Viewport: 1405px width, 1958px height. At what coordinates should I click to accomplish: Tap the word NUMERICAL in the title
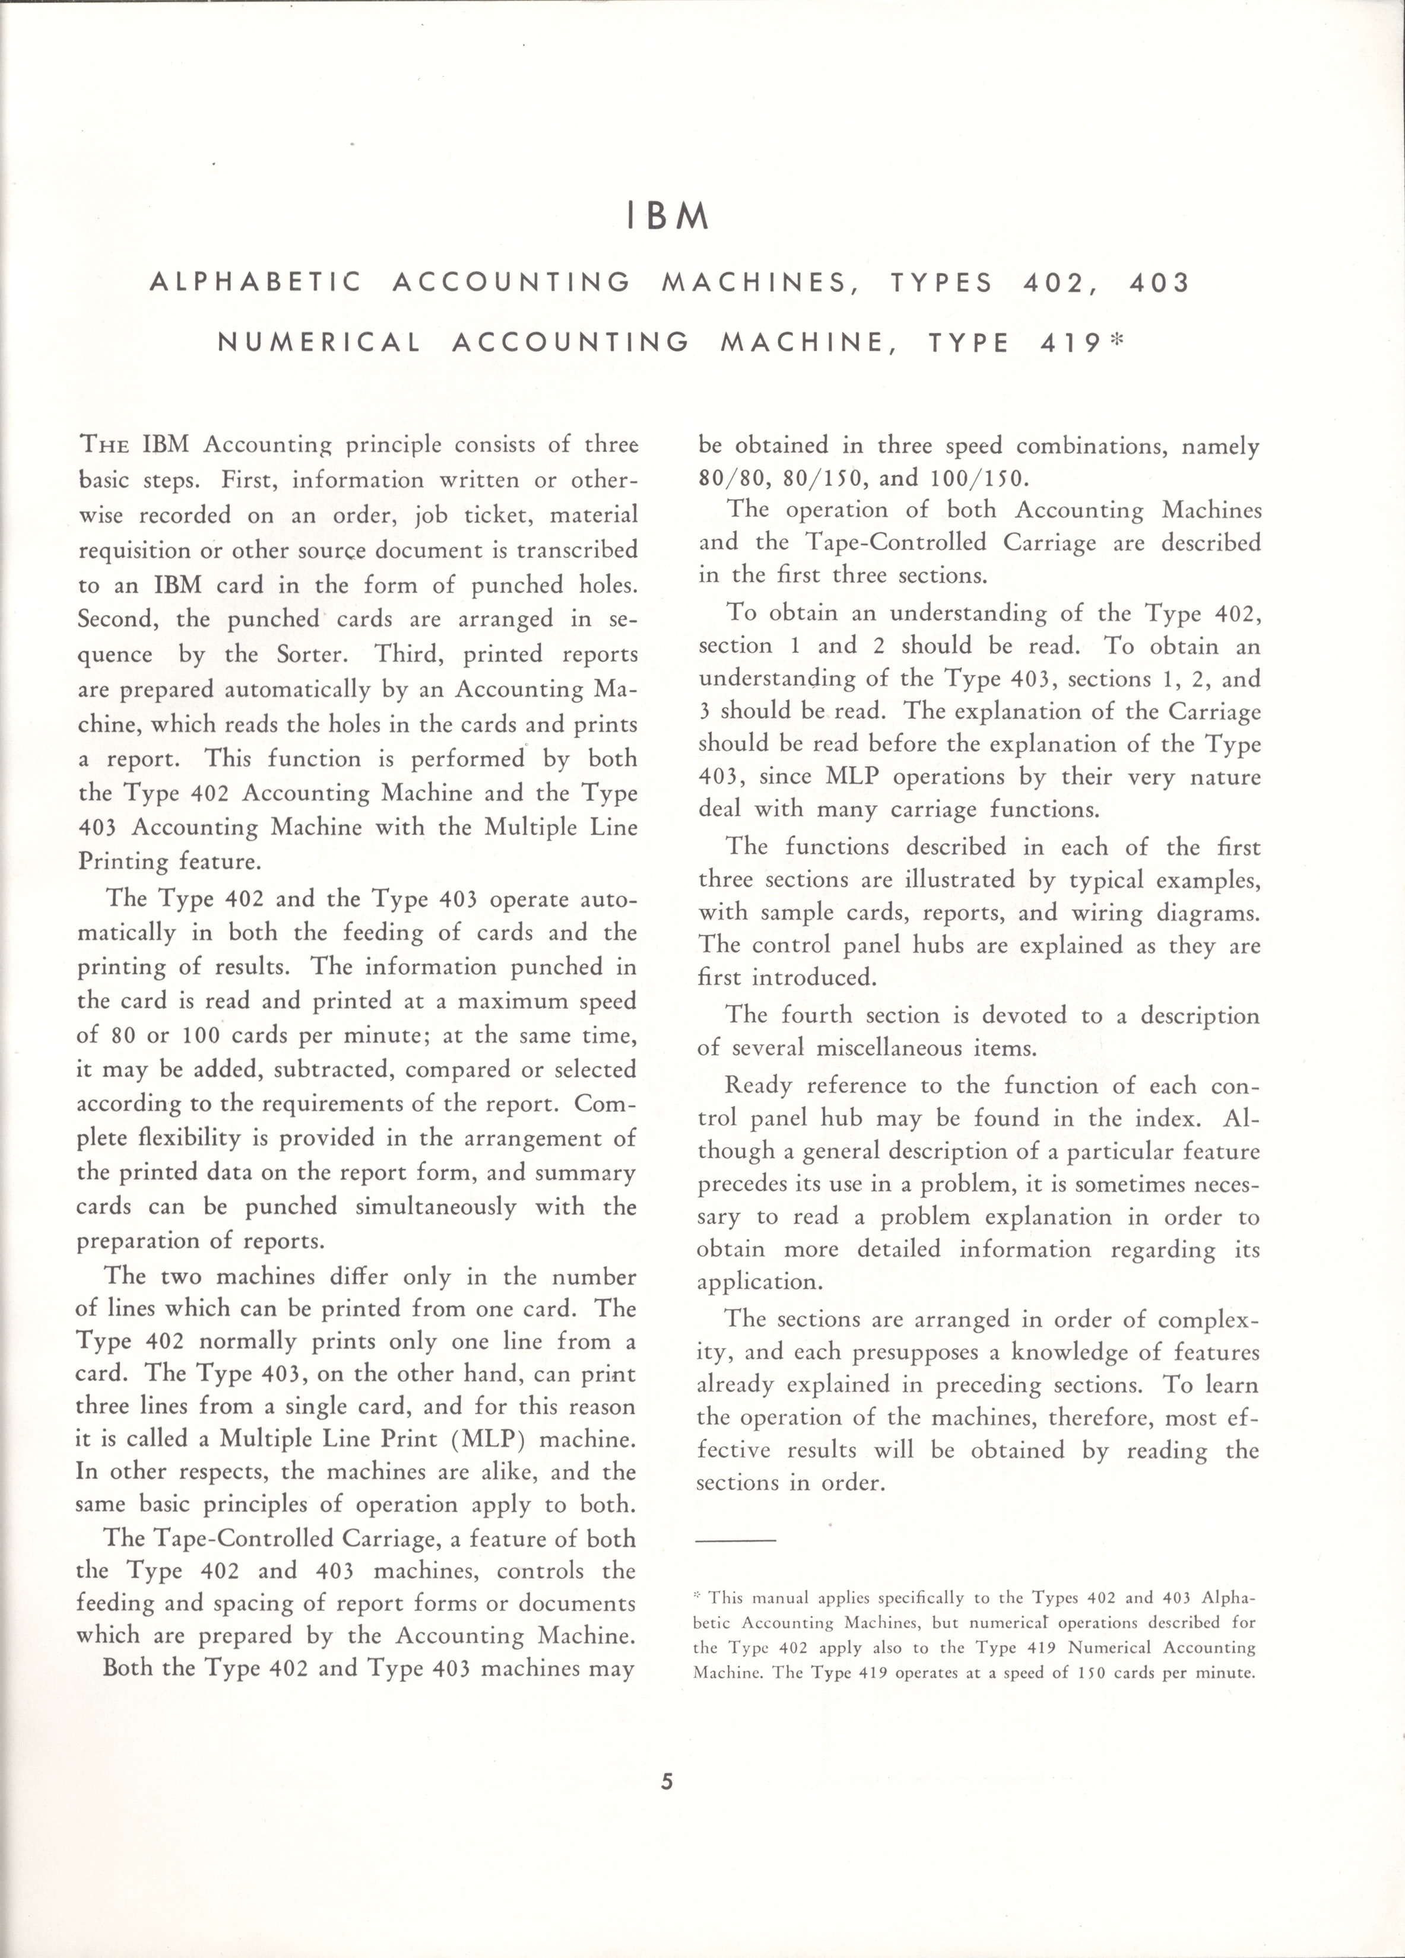(319, 343)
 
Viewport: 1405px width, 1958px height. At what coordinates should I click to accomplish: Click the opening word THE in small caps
(104, 446)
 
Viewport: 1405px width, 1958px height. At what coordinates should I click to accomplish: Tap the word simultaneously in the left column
(436, 1206)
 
